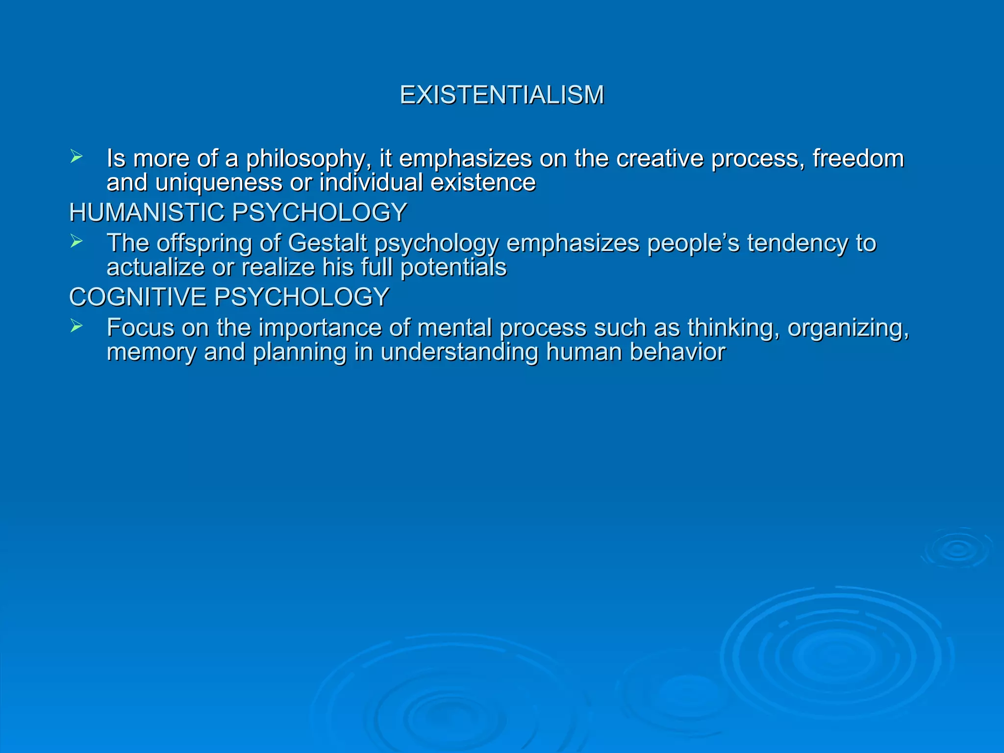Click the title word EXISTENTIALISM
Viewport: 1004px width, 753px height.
pos(502,95)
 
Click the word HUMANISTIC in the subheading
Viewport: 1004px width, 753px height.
pos(147,213)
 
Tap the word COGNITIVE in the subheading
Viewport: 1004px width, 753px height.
pos(137,297)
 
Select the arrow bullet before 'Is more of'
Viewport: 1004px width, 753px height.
pos(76,157)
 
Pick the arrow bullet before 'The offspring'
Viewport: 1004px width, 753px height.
pos(76,242)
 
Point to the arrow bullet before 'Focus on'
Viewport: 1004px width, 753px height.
pos(76,326)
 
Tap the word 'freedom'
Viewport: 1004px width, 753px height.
pos(858,158)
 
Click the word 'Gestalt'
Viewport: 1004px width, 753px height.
pos(327,243)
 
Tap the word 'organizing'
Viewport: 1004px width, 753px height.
pos(848,328)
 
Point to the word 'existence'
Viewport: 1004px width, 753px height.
pos(483,183)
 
